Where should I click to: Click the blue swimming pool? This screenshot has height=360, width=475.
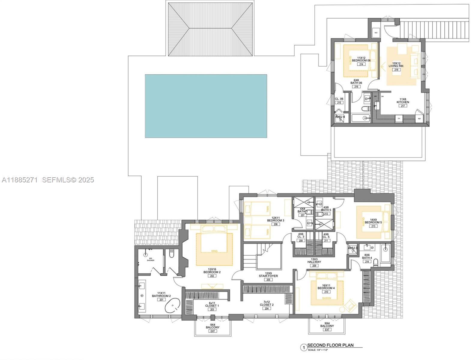tap(206, 106)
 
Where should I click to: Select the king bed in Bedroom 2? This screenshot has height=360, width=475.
tap(214, 246)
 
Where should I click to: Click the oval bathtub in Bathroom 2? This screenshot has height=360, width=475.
tap(173, 306)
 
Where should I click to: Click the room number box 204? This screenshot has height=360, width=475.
tap(267, 308)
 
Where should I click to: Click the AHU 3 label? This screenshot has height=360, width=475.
tap(352, 248)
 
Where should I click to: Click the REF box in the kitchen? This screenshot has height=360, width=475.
tap(419, 118)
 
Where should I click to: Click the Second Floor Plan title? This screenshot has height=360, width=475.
tap(330, 345)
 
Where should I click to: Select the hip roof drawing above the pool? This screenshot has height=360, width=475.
tap(210, 29)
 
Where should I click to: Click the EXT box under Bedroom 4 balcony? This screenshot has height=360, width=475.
tap(327, 330)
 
